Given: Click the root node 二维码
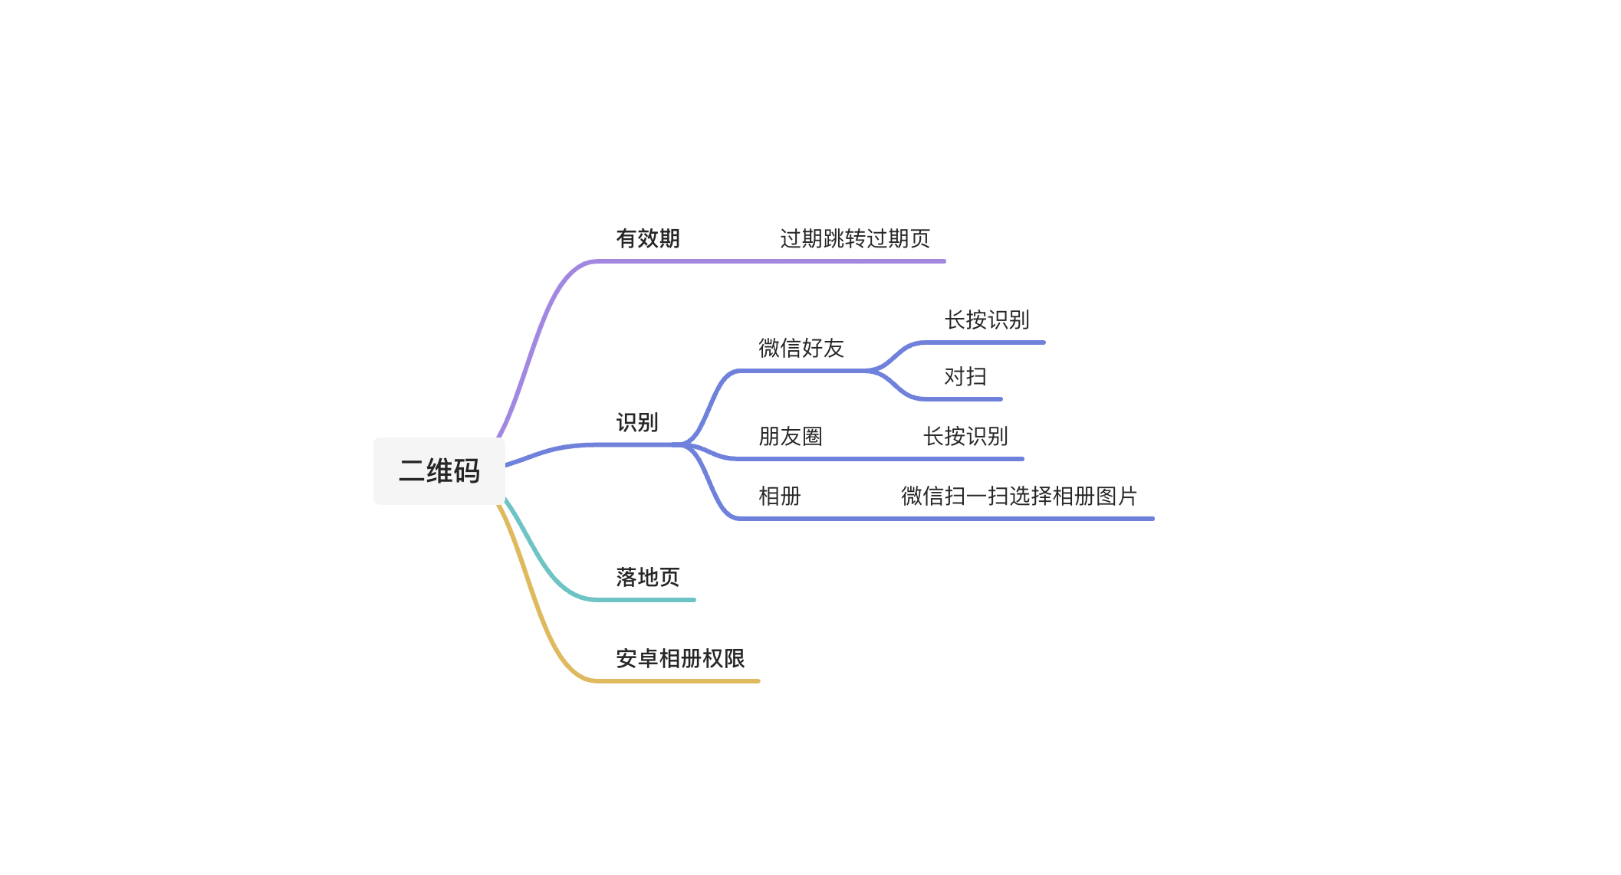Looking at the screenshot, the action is tap(439, 470).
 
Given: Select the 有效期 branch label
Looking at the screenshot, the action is tap(648, 238).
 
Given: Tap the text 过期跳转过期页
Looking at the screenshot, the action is tap(854, 238).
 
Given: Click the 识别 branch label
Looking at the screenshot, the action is tap(636, 422).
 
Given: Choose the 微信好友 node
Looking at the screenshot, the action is tap(801, 348).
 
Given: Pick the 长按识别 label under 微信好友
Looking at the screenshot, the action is tap(986, 320).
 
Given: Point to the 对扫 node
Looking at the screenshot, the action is tap(965, 376).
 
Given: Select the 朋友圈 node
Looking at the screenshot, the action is tap(790, 436).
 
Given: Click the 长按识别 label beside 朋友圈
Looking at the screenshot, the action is tap(965, 436).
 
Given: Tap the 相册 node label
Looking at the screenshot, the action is tap(779, 496).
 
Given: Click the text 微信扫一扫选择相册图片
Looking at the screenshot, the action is tap(1018, 496).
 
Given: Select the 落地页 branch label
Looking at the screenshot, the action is tap(648, 577).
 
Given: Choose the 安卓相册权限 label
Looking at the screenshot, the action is tap(680, 658).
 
